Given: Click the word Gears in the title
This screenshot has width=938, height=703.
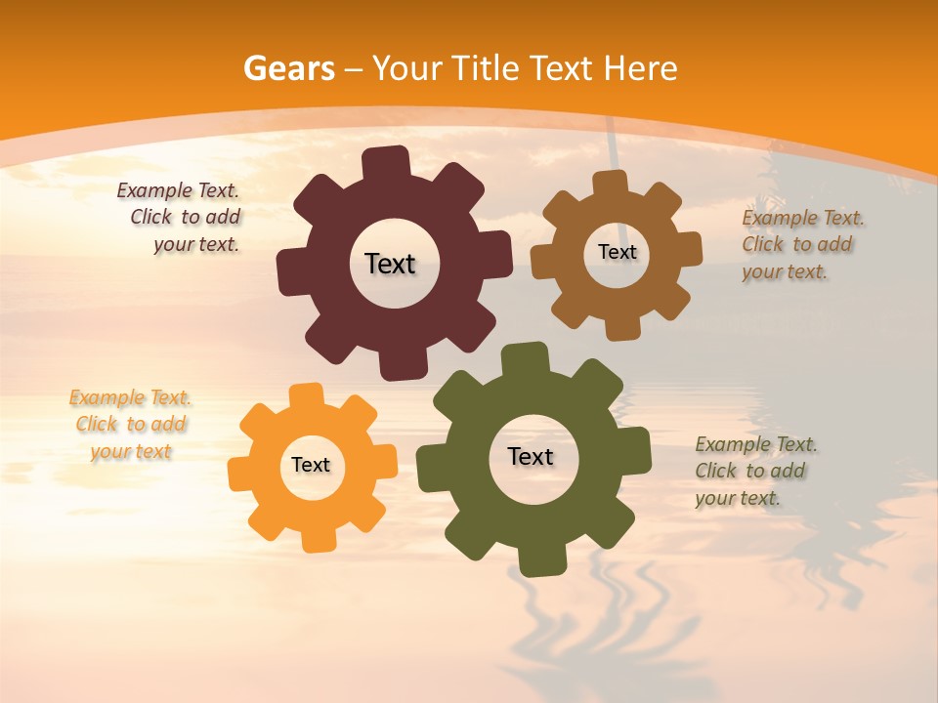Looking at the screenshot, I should point(287,68).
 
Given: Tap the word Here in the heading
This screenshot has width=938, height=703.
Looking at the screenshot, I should point(640,68).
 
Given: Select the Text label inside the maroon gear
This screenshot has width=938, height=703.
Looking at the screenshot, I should point(390,264).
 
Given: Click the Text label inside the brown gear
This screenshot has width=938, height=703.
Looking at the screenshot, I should point(617,252).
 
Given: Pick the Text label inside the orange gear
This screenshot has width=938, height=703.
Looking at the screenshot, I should point(311,465).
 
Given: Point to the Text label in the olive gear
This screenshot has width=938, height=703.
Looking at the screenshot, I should point(531,456).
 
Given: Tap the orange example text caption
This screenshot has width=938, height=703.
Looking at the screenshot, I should point(131,425).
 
